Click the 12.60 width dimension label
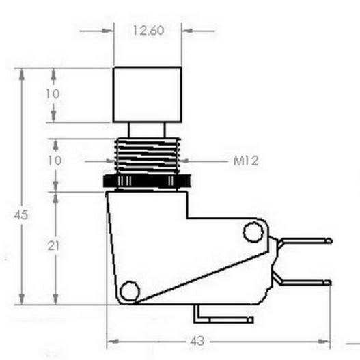148,31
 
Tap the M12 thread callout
246,161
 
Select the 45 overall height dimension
21,215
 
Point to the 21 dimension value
53,246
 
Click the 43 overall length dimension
197,341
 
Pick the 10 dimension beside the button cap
53,94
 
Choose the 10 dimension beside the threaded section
55,161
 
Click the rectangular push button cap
147,94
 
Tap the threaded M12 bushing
148,156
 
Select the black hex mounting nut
147,182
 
